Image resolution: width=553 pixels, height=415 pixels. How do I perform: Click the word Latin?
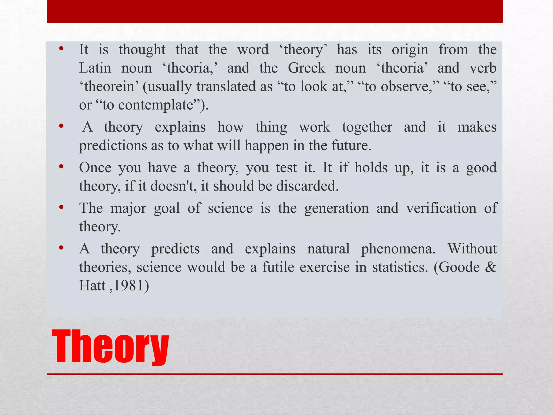pos(95,68)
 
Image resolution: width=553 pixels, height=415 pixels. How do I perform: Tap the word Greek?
pos(306,68)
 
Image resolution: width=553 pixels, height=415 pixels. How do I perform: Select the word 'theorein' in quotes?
pos(109,86)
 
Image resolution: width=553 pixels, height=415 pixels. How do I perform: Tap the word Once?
pos(95,168)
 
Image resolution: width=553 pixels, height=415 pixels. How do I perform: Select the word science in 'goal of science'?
pos(230,208)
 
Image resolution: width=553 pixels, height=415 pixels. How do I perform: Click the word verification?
pos(441,208)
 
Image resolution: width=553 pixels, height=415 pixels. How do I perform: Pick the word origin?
pos(410,50)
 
